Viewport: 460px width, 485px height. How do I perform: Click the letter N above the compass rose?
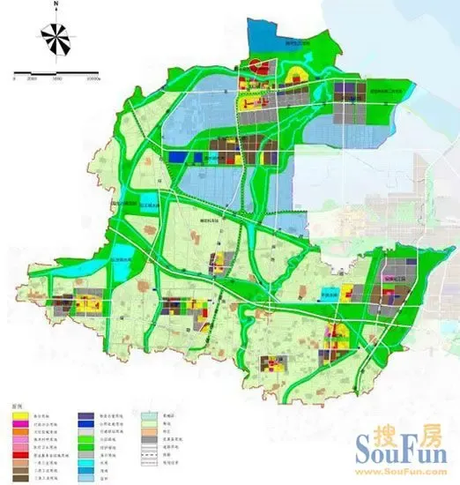[55, 5]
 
